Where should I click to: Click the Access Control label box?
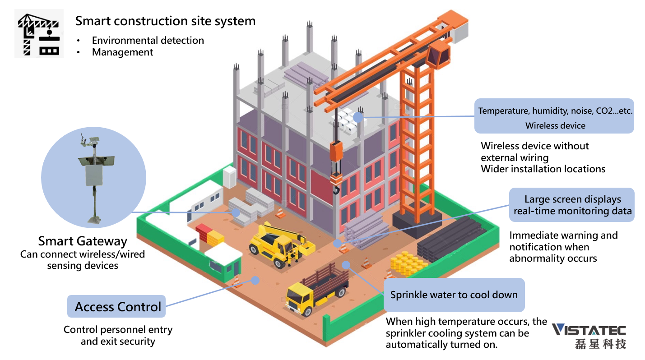[x=117, y=307]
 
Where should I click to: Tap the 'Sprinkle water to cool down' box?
[x=454, y=295]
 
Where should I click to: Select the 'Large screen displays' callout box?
[x=571, y=205]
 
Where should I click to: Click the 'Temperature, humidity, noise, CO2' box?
[x=554, y=116]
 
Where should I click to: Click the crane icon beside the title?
[x=39, y=33]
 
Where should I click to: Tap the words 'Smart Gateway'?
[x=83, y=241]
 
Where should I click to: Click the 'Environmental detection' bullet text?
[x=148, y=41]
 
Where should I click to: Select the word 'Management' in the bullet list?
[x=122, y=52]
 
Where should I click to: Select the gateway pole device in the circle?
[x=93, y=176]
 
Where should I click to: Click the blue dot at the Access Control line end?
[x=255, y=280]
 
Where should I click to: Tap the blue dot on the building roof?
[x=358, y=117]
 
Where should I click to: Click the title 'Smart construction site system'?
[x=165, y=21]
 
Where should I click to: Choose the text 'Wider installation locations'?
[x=543, y=169]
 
